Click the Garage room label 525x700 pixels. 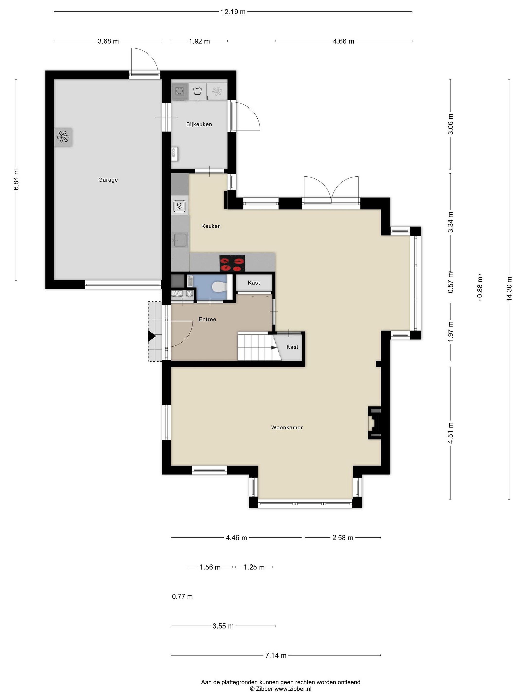tap(108, 180)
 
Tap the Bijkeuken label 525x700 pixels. tap(199, 124)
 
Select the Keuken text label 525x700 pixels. tap(211, 226)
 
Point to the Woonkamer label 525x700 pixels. tap(287, 428)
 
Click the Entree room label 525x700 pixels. tap(207, 319)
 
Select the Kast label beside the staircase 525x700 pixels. tap(292, 347)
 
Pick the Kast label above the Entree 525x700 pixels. tap(254, 283)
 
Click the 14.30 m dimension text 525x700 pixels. tap(509, 289)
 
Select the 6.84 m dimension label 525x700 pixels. tap(16, 180)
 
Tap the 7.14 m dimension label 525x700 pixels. tap(276, 655)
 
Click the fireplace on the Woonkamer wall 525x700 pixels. tap(374, 423)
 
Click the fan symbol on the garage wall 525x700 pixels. tap(63, 137)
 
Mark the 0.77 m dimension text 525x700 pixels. tap(182, 596)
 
